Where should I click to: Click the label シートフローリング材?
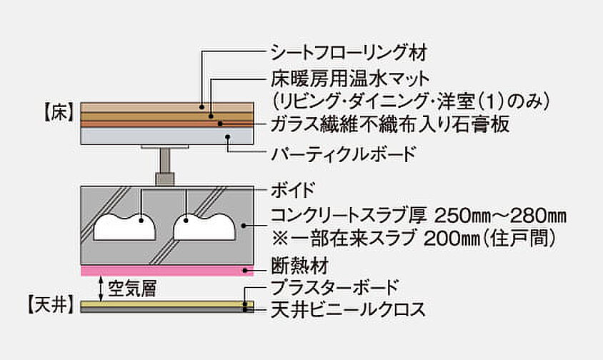click(x=349, y=51)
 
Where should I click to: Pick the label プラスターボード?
click(x=336, y=290)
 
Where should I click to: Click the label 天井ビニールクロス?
click(x=348, y=310)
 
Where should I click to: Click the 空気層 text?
click(x=131, y=289)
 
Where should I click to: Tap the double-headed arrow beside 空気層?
click(x=101, y=288)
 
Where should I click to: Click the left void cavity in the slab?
click(x=126, y=226)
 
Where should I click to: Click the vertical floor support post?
click(x=167, y=166)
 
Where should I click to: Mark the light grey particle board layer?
click(x=167, y=136)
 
